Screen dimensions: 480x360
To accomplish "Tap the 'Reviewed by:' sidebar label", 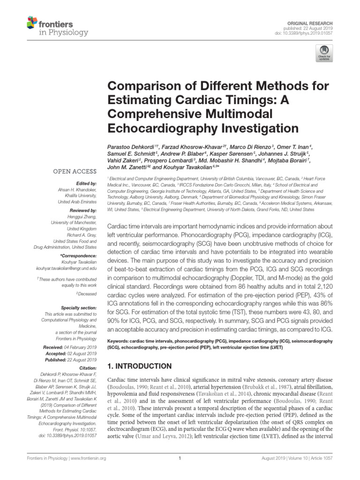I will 83,211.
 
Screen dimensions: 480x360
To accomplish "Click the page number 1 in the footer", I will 180,471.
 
